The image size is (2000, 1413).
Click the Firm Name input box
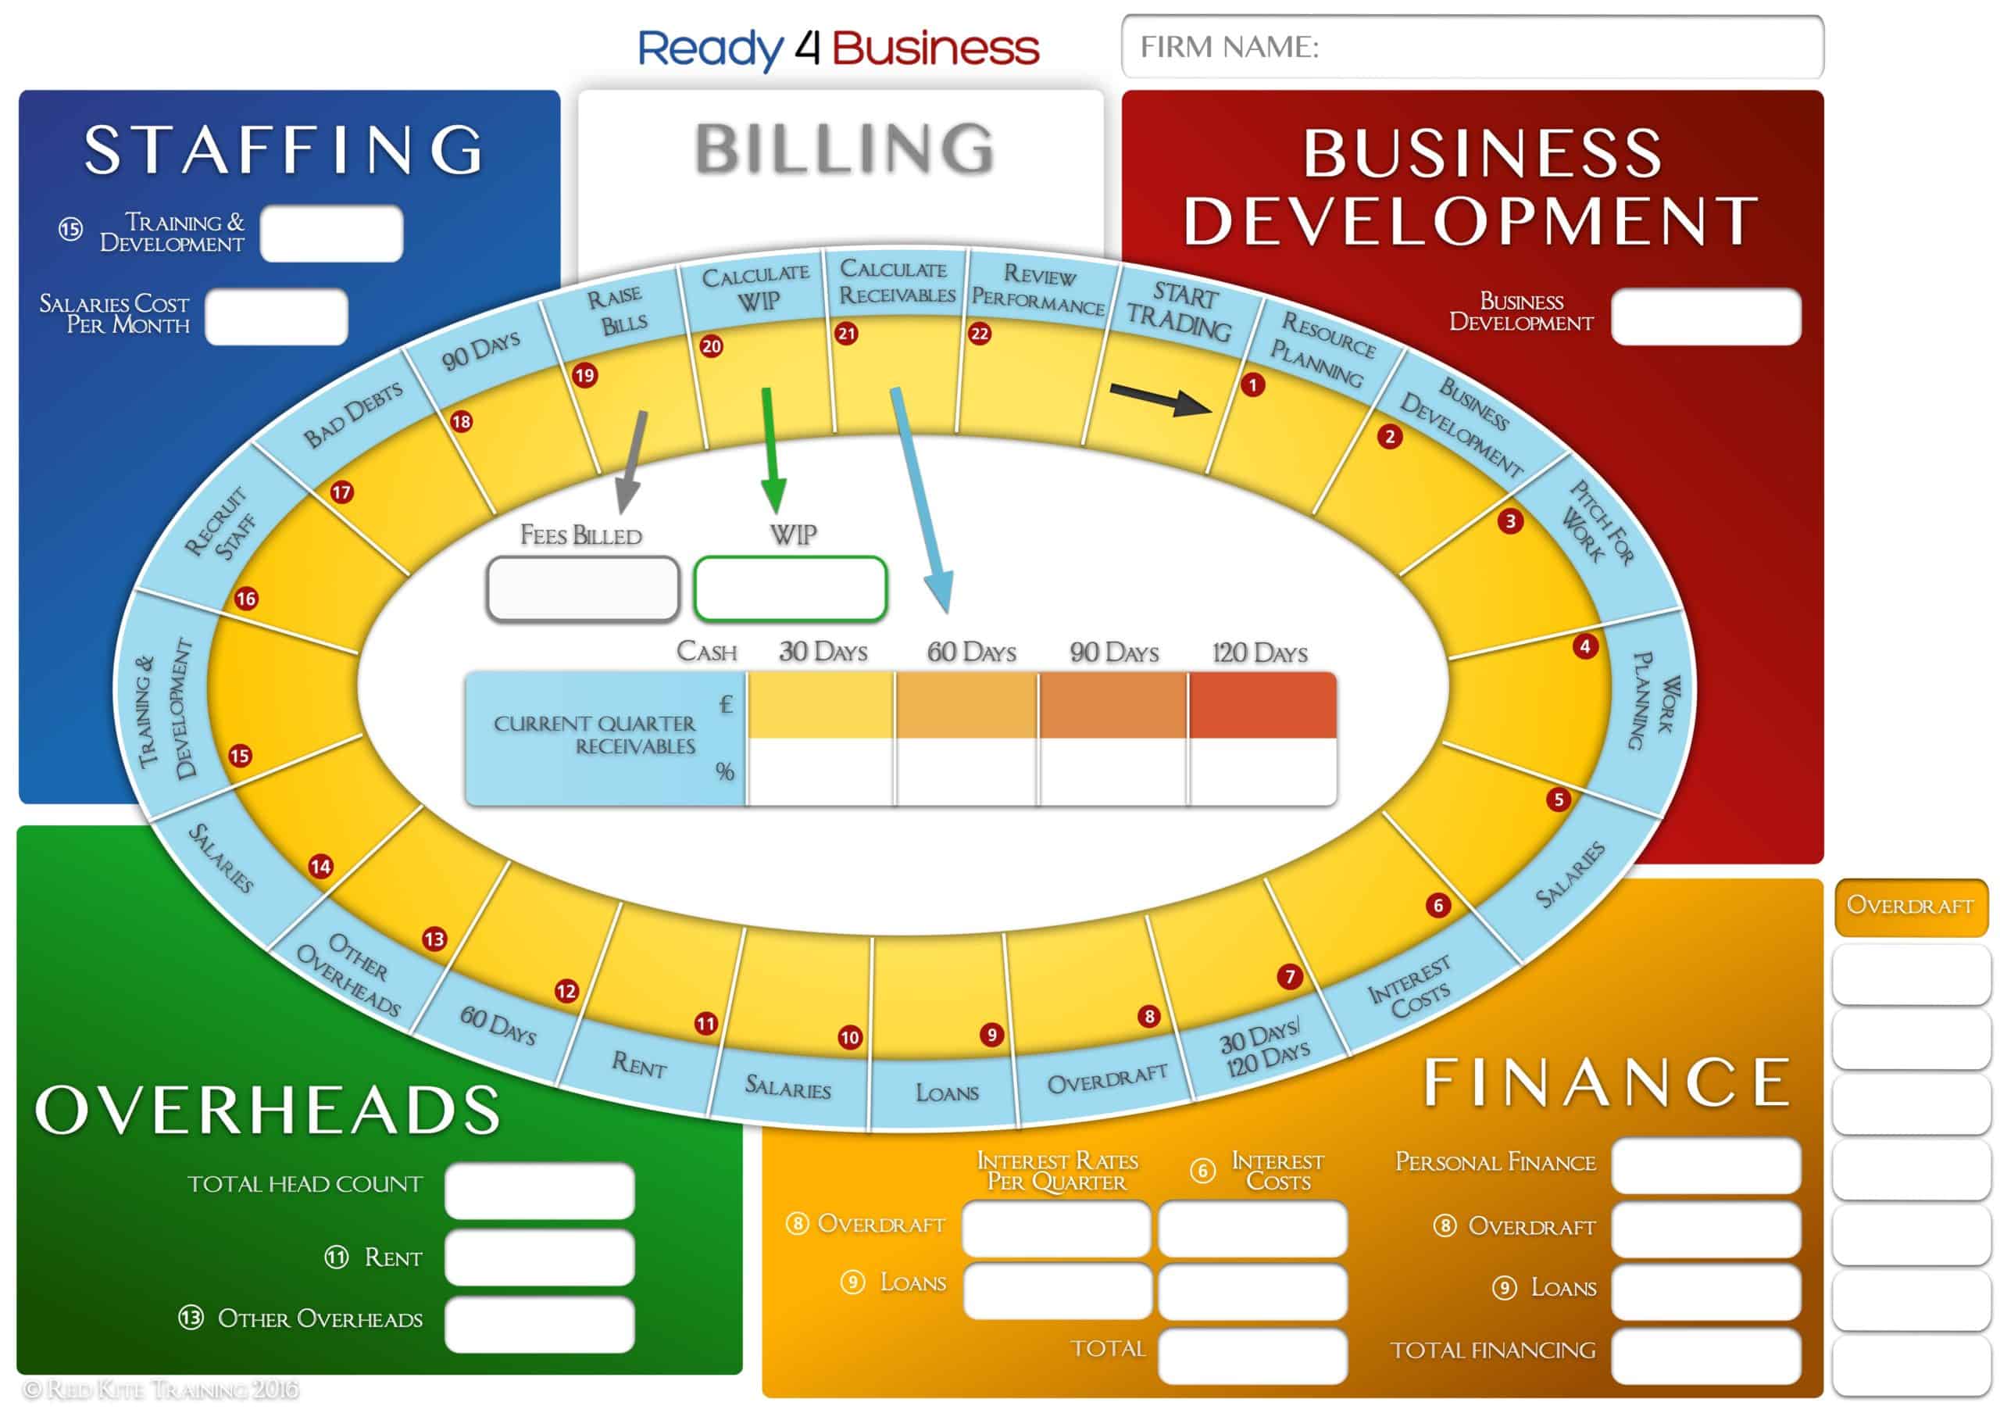(1472, 47)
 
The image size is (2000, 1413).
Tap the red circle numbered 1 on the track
(1252, 385)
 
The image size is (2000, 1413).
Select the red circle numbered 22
(980, 334)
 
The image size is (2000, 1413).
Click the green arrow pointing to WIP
(771, 450)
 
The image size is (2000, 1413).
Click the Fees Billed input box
(583, 589)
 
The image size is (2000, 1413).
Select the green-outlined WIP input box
(790, 589)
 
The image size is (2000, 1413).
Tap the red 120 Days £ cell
(1262, 705)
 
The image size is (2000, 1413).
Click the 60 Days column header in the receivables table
(971, 652)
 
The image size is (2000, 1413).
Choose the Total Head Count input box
(539, 1191)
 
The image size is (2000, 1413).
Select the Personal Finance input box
(1705, 1164)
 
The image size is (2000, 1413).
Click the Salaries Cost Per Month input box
(277, 317)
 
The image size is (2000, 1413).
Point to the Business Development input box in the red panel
(1705, 317)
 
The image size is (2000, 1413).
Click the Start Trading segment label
(1180, 311)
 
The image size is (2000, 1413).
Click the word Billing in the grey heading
(844, 149)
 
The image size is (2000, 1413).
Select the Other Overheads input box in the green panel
(539, 1324)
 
